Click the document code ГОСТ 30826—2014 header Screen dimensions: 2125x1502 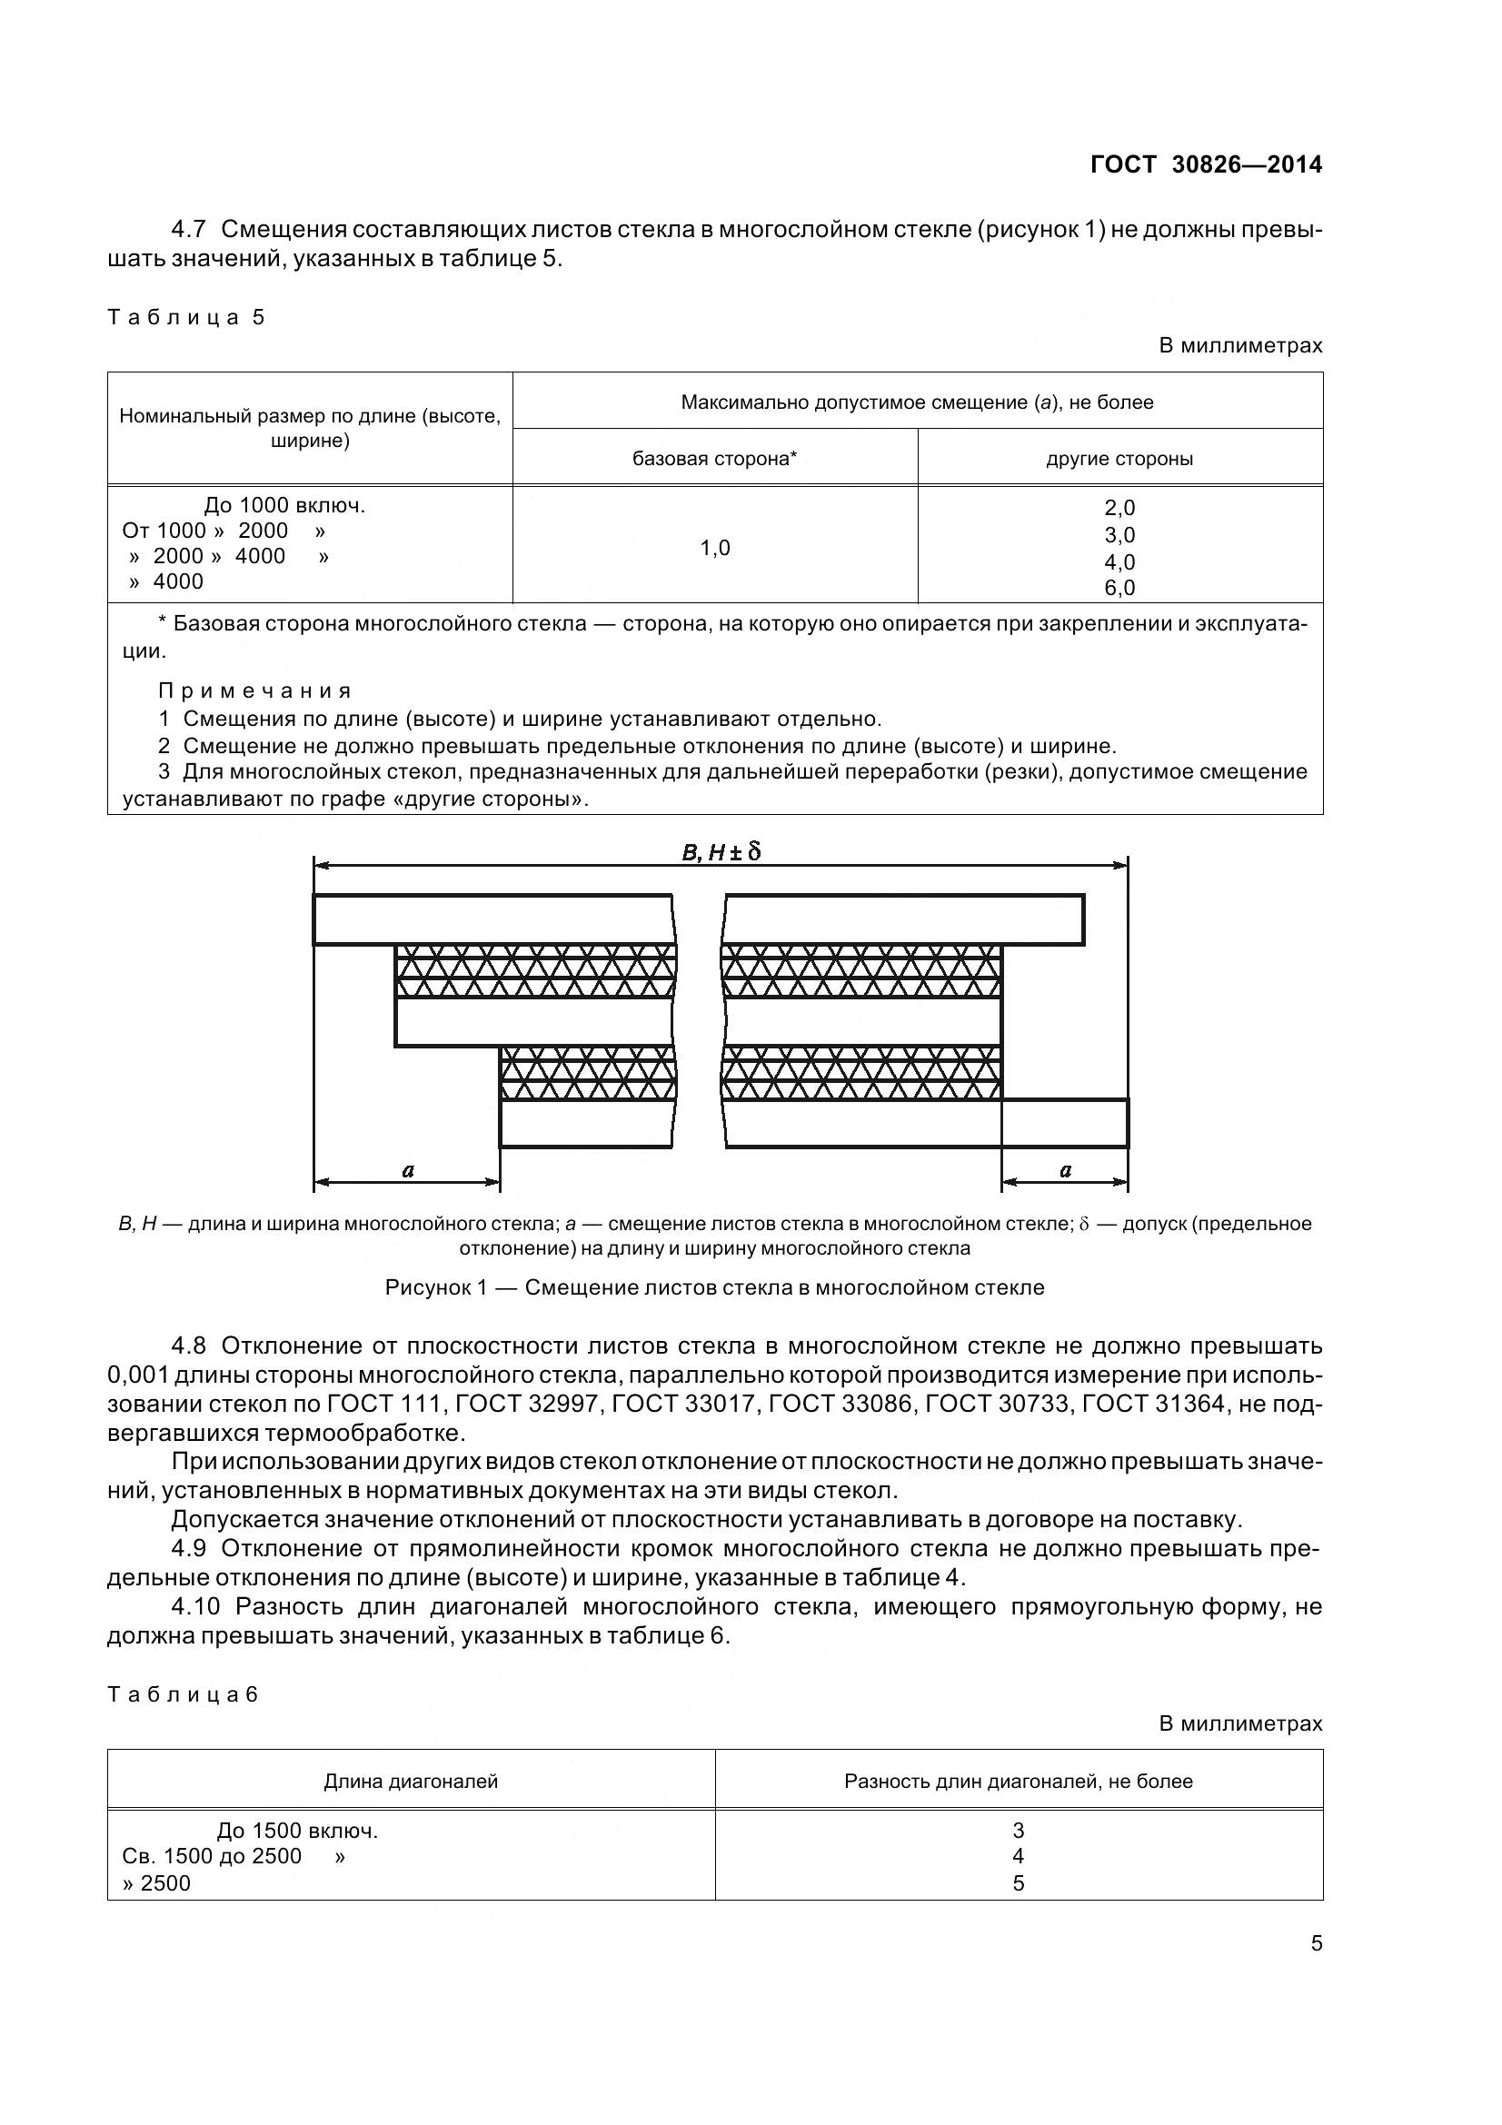tap(1206, 164)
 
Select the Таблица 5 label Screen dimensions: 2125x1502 tap(186, 317)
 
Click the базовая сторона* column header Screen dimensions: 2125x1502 tap(714, 458)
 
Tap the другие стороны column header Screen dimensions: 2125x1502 tap(1119, 458)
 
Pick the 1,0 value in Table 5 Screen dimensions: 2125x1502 tap(714, 548)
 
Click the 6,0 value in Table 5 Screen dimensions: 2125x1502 tap(1119, 588)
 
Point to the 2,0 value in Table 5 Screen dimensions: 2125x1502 tap(1119, 507)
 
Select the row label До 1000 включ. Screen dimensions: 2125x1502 tap(284, 505)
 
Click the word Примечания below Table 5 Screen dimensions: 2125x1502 tap(254, 690)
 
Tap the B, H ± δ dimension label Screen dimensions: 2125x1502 tap(721, 851)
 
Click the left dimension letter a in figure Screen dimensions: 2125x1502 tap(408, 1170)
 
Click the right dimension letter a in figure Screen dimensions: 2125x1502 tap(1065, 1170)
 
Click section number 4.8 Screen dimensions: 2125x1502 tap(192, 1346)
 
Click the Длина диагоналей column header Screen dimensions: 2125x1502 tap(411, 1782)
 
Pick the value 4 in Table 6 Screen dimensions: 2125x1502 tap(1018, 1856)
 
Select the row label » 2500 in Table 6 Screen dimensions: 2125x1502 tap(156, 1882)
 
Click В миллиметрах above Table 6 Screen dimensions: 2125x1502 tap(1240, 1723)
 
